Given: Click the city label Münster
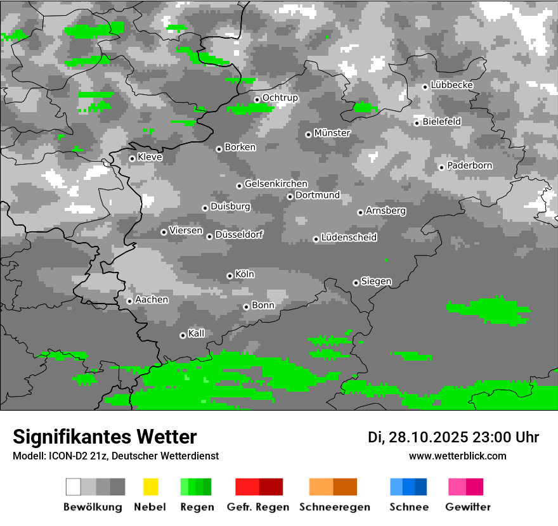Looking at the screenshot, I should tap(332, 133).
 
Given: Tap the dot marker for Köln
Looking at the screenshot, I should tap(230, 276).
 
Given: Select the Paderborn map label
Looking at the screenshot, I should tap(470, 166).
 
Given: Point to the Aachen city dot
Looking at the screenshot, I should tap(129, 301).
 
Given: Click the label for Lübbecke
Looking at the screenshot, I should tap(452, 85).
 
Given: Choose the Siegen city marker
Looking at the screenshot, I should tap(356, 283).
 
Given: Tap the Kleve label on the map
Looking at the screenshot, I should tap(150, 157).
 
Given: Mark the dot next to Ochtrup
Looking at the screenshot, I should tap(257, 99).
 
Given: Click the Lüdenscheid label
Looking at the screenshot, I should tap(349, 238).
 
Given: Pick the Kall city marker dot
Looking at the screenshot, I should tap(183, 335).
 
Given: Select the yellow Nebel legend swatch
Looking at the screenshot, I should tap(150, 487).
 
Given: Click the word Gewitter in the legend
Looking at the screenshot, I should tap(468, 507).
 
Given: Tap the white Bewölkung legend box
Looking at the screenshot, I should tap(74, 487).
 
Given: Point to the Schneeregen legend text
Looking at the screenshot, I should tap(335, 507).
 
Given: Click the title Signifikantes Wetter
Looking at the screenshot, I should tap(105, 437).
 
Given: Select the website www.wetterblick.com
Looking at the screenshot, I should tap(458, 456).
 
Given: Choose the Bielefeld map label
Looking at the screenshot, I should tap(442, 122).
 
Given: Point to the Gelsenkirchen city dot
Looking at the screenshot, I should tap(239, 186).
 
